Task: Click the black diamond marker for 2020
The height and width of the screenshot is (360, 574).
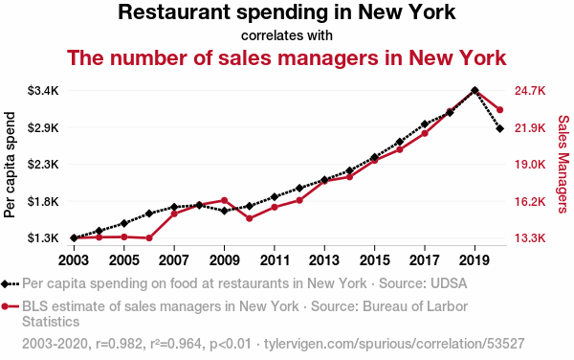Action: (x=499, y=128)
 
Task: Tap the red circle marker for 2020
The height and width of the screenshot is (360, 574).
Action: (x=499, y=109)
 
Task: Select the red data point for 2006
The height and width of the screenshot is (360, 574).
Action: (x=149, y=238)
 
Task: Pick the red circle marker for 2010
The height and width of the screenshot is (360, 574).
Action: (x=250, y=218)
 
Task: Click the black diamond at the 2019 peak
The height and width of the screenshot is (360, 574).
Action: (x=475, y=90)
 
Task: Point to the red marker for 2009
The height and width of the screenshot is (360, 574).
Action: (x=225, y=200)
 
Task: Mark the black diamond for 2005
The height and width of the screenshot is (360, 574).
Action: (x=124, y=223)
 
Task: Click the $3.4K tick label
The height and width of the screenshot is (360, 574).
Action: (x=43, y=90)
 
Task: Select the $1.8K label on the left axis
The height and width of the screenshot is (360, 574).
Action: (x=43, y=201)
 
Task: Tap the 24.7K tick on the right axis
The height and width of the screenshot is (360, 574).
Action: (x=530, y=90)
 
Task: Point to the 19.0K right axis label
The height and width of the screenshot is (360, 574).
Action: (x=530, y=164)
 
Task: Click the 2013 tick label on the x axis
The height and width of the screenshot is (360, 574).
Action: (x=324, y=260)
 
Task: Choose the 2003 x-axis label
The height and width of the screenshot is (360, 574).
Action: (x=74, y=260)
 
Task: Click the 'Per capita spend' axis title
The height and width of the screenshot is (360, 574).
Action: (x=10, y=165)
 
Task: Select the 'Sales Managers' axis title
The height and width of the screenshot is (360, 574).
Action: (x=563, y=164)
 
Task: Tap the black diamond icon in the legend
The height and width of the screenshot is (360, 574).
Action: (x=5, y=283)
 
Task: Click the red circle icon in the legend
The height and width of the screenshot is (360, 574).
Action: (x=5, y=306)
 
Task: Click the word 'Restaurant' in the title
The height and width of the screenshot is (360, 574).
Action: (x=174, y=11)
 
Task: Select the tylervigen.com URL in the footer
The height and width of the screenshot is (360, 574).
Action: (x=394, y=344)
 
